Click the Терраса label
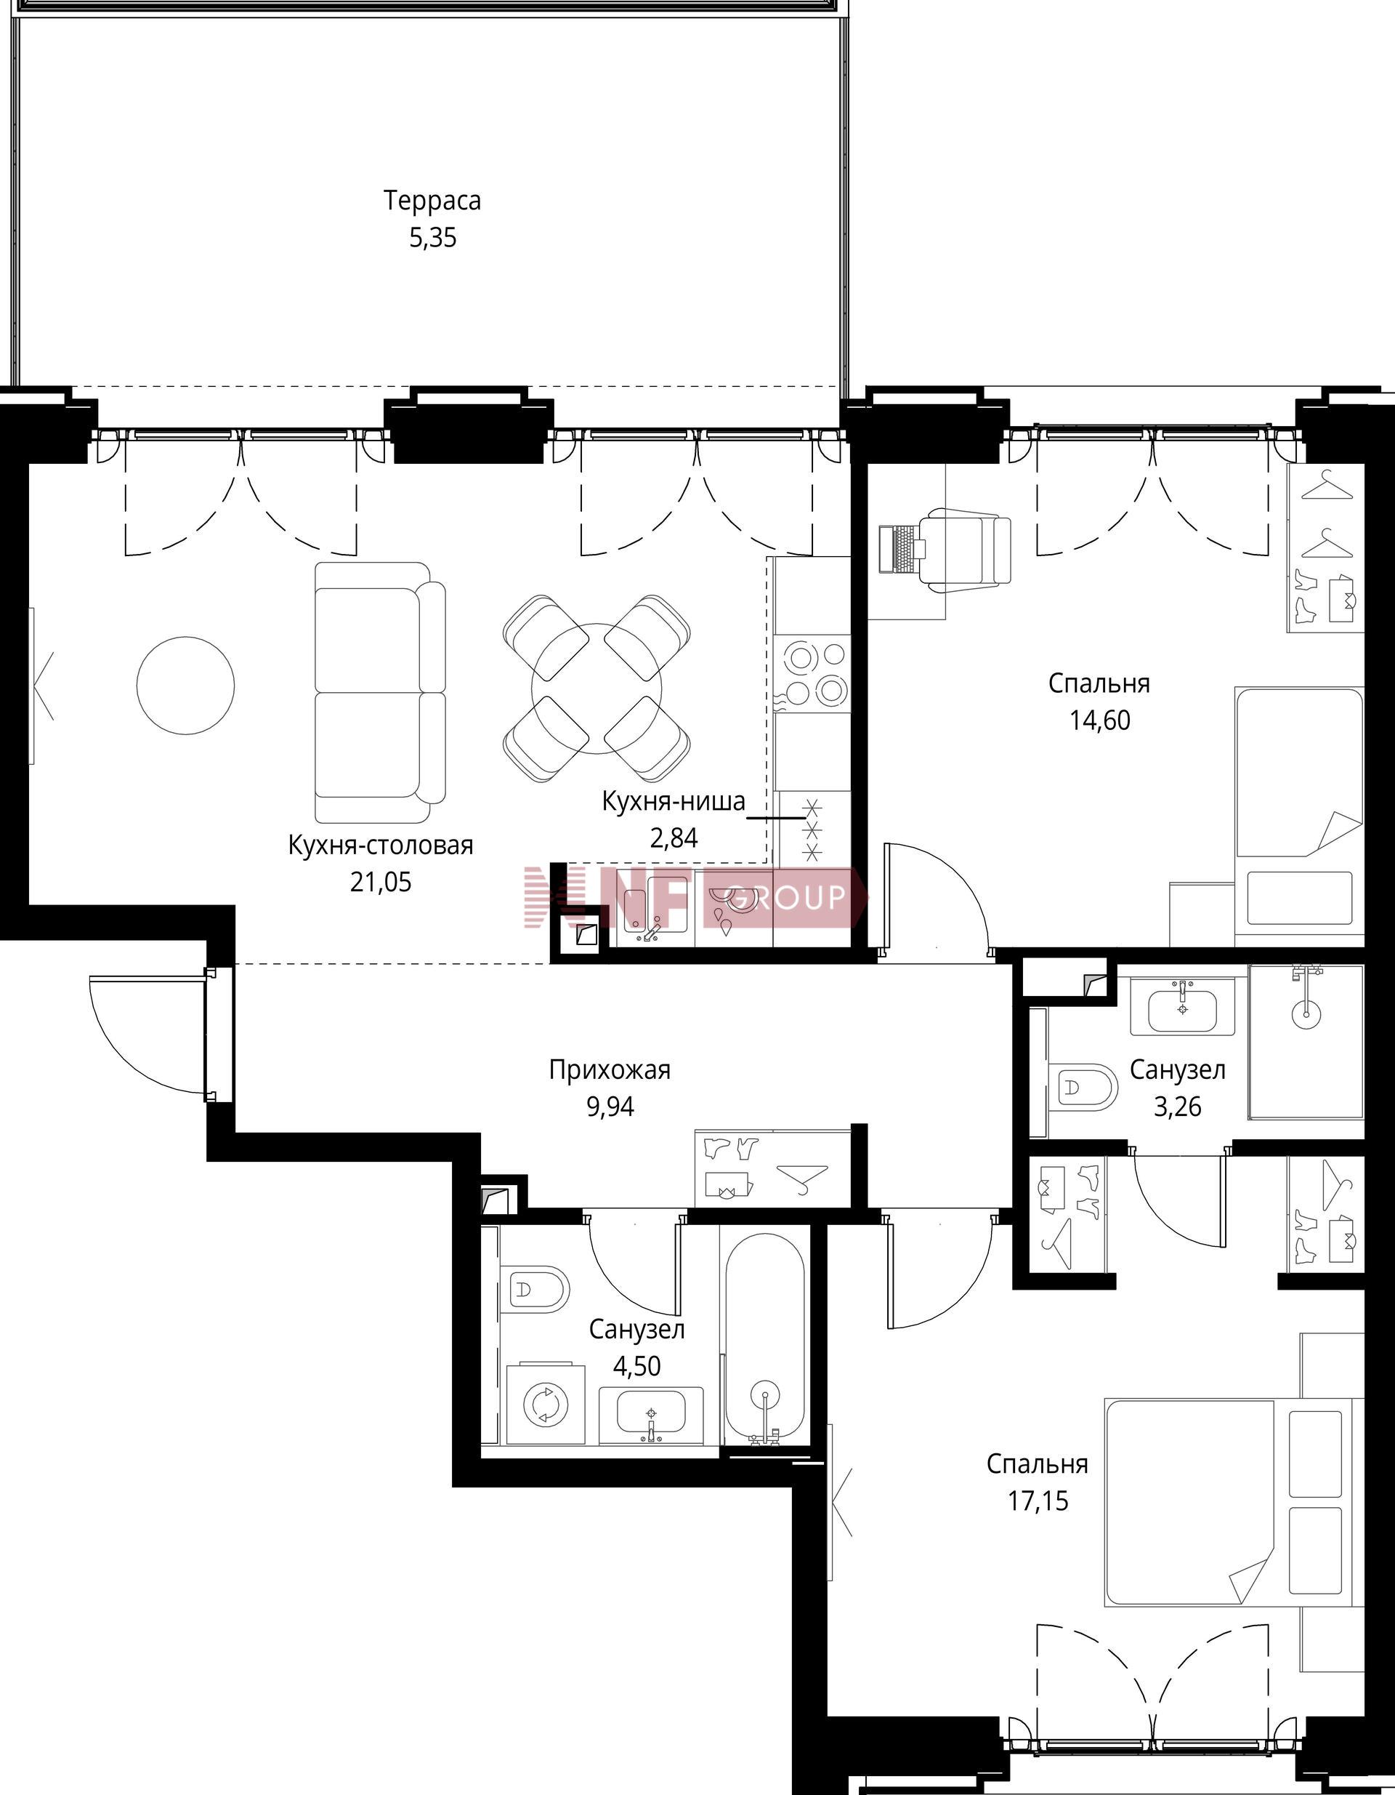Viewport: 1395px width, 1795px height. pyautogui.click(x=432, y=201)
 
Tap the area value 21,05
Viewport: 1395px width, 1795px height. pyautogui.click(x=381, y=882)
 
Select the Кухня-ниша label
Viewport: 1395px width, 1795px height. pyautogui.click(x=674, y=800)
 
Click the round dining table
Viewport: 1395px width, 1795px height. pyautogui.click(x=597, y=687)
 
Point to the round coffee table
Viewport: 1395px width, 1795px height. pyautogui.click(x=186, y=686)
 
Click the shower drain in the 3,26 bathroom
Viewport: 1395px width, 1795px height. pyautogui.click(x=1306, y=1013)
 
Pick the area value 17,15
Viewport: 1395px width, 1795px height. pyautogui.click(x=1038, y=1501)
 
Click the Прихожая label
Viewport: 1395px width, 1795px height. pyautogui.click(x=610, y=1070)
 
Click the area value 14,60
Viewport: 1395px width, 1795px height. pyautogui.click(x=1099, y=720)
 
